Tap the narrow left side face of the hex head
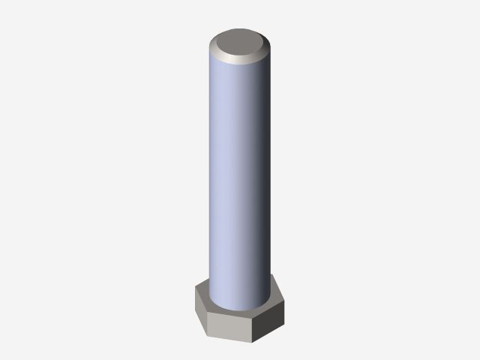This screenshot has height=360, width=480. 200,308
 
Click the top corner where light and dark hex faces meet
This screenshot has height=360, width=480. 253,317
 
